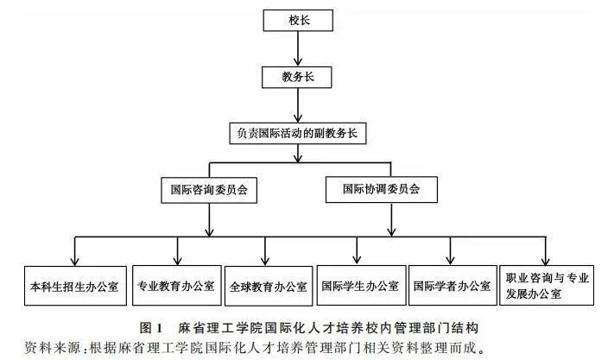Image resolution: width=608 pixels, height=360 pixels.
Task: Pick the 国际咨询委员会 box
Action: coord(210,187)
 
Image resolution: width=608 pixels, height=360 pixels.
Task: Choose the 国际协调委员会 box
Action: coord(382,187)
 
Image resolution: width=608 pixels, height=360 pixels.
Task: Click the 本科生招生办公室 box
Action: coord(73,285)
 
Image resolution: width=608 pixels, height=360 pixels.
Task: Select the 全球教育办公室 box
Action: coord(267,285)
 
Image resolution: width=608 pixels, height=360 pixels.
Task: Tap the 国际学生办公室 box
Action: coord(359,285)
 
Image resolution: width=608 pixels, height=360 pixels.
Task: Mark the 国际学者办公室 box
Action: coord(452,285)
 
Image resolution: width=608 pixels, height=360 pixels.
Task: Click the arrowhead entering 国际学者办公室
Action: coord(452,260)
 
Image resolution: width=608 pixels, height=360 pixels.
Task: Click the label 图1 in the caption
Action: coord(149,327)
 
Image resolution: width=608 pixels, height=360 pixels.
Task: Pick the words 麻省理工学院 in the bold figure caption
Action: coord(216,327)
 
